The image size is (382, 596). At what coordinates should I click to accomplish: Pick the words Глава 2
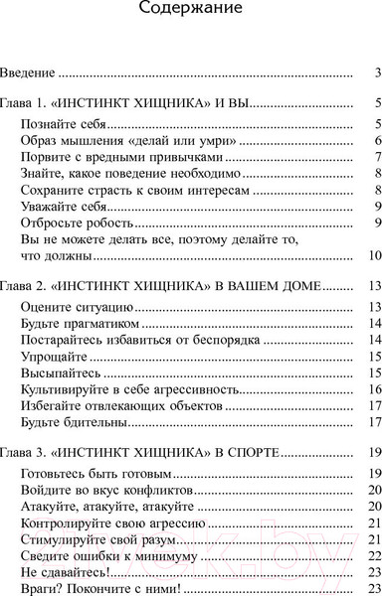(21, 287)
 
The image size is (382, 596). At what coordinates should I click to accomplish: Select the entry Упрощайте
(55, 357)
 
